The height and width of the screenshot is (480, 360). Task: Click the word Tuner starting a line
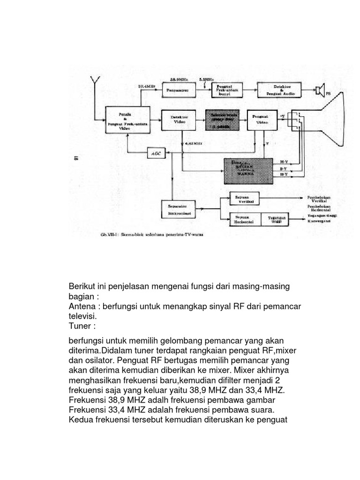(81, 326)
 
